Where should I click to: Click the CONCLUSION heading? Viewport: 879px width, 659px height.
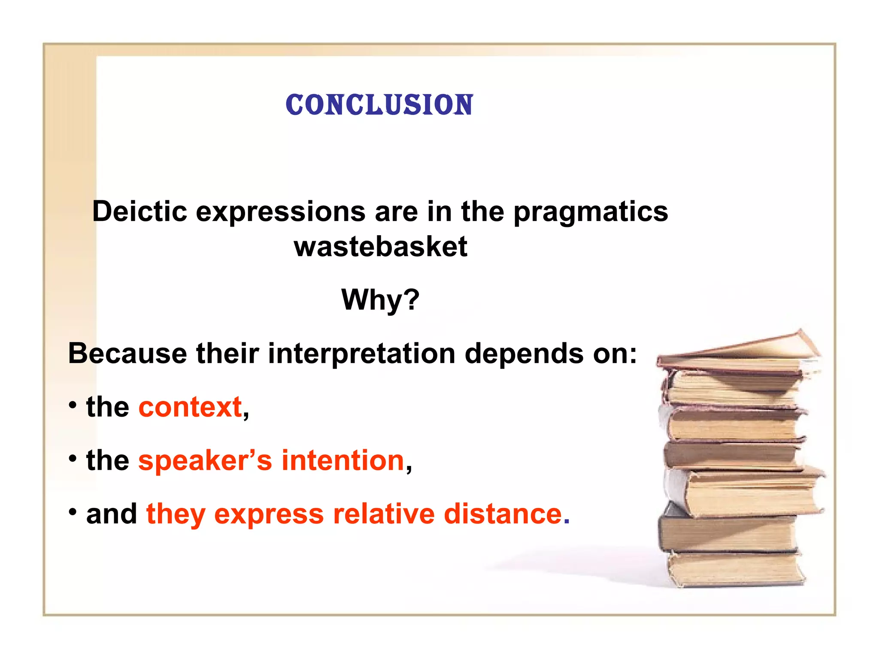379,105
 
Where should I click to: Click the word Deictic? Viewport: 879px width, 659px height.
139,212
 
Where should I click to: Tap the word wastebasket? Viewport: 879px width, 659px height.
380,247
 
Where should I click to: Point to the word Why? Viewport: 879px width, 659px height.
380,299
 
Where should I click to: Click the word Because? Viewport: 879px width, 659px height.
127,354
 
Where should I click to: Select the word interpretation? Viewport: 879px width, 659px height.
361,354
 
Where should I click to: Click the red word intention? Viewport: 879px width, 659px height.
343,460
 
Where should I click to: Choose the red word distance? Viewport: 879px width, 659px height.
503,514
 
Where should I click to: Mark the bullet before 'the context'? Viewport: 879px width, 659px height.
73,405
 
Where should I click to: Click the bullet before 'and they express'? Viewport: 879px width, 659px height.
73,511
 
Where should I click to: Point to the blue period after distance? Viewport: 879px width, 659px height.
567,522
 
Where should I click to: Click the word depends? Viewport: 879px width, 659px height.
524,354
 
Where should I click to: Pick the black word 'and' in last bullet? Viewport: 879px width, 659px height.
111,514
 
